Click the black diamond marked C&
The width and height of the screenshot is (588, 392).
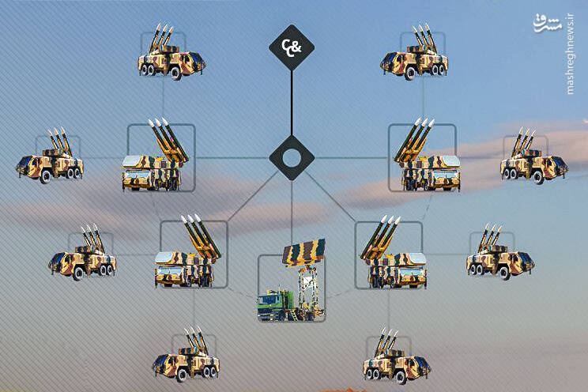pyautogui.click(x=292, y=47)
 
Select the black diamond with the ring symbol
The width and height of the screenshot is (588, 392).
pyautogui.click(x=292, y=158)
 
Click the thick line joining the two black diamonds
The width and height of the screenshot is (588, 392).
pyautogui.click(x=292, y=103)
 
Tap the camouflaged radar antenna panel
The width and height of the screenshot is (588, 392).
pyautogui.click(x=304, y=252)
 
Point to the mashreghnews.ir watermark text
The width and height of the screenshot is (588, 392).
pyautogui.click(x=570, y=54)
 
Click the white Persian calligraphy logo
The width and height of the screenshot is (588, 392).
pyautogui.click(x=548, y=23)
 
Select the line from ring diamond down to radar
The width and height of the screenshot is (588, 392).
pyautogui.click(x=292, y=210)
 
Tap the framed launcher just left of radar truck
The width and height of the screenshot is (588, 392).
pyautogui.click(x=188, y=251)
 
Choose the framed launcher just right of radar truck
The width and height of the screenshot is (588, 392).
pyautogui.click(x=393, y=252)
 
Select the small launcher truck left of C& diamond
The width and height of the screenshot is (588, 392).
pyautogui.click(x=171, y=51)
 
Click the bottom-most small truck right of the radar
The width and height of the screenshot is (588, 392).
pyautogui.click(x=397, y=356)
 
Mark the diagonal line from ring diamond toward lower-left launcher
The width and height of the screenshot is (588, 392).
pyautogui.click(x=254, y=196)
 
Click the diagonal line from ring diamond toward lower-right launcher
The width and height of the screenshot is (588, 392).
pyautogui.click(x=330, y=196)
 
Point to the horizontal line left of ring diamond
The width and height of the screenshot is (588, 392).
pyautogui.click(x=232, y=158)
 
